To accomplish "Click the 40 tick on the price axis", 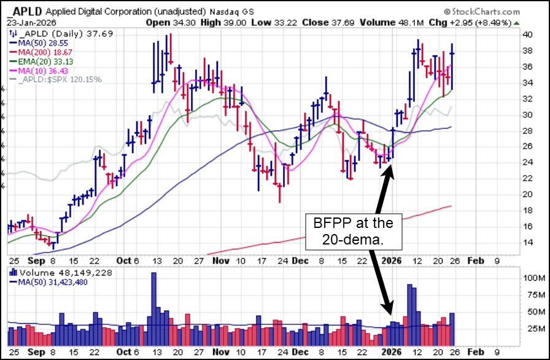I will click(527, 34).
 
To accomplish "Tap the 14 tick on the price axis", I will click(527, 242).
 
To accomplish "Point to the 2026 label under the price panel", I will click(392, 260).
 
